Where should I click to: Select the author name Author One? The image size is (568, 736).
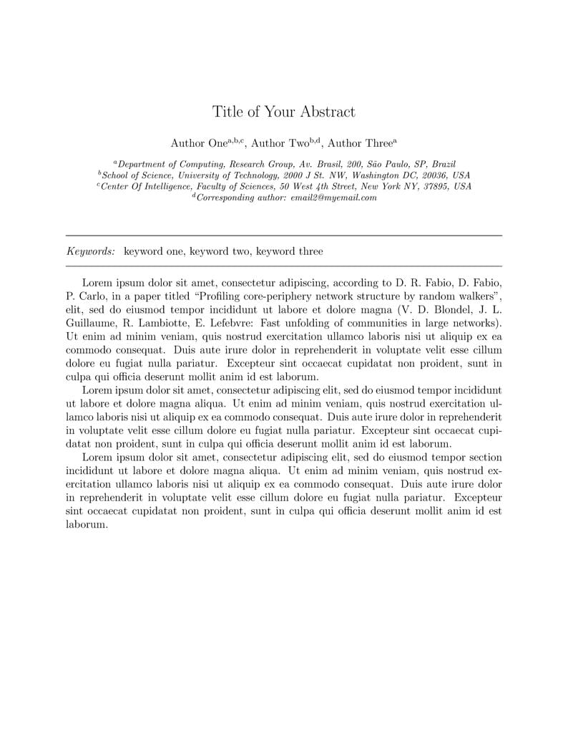point(199,143)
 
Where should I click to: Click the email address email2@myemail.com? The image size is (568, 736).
point(333,198)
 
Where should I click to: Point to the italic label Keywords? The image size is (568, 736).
point(91,251)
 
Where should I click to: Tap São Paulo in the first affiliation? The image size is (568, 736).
point(391,164)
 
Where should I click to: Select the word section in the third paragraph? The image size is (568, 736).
point(483,457)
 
